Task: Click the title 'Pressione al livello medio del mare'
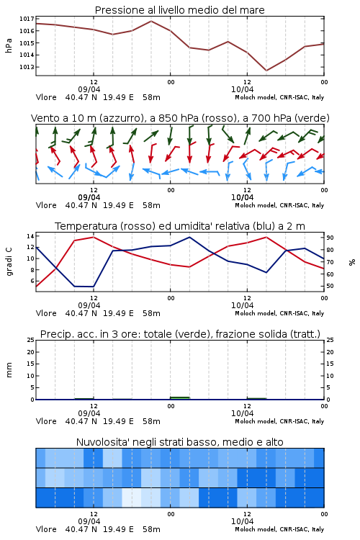(179, 10)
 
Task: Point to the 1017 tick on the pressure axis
(27, 19)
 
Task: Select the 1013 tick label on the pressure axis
(27, 67)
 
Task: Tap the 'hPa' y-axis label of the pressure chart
(9, 45)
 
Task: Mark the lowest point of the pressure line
(266, 71)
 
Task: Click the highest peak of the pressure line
(151, 21)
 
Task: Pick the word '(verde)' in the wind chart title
(312, 119)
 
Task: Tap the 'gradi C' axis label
(9, 261)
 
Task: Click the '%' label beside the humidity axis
(352, 262)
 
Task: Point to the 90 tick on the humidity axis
(330, 238)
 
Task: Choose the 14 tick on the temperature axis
(30, 236)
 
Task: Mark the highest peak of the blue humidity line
(189, 237)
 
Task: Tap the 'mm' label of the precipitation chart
(9, 370)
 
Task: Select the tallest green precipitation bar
(180, 398)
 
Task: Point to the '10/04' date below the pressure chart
(242, 89)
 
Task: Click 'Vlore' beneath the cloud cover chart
(46, 529)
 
